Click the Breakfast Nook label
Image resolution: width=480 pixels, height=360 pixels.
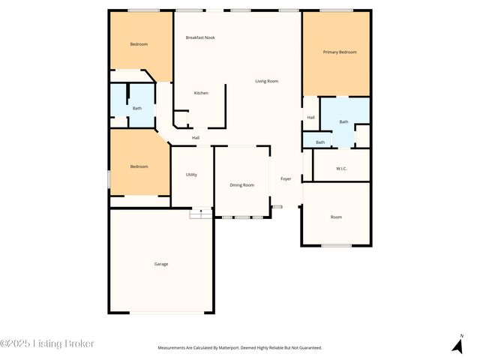point(200,37)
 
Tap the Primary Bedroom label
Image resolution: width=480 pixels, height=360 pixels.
point(339,52)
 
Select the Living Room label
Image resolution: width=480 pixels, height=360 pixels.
point(267,81)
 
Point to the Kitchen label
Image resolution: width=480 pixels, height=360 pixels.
point(201,93)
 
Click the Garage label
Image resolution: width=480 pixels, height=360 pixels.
point(161,264)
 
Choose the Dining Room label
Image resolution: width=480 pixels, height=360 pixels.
point(241,185)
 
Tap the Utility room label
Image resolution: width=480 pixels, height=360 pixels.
point(191,175)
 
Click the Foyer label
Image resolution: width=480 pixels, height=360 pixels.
point(286,179)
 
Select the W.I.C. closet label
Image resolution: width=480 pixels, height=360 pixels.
point(341,168)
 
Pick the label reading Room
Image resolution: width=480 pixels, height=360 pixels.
point(336,217)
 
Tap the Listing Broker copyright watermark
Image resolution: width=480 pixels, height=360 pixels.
point(47,344)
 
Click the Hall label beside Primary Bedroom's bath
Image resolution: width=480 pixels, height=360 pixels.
point(310,118)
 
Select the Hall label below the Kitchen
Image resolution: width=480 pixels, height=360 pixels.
point(196,138)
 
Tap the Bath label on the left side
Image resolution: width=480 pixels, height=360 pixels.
point(137,109)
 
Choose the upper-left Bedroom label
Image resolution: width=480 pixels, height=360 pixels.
point(139,44)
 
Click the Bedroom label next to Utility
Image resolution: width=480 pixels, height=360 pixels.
point(139,166)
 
